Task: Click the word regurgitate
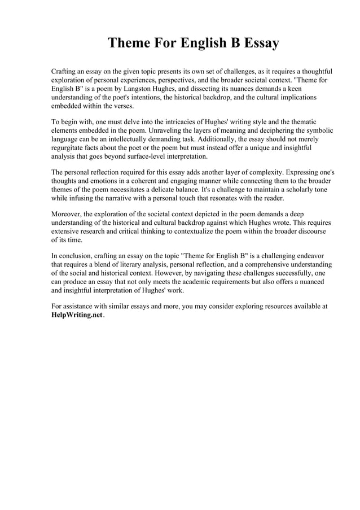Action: [70, 147]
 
